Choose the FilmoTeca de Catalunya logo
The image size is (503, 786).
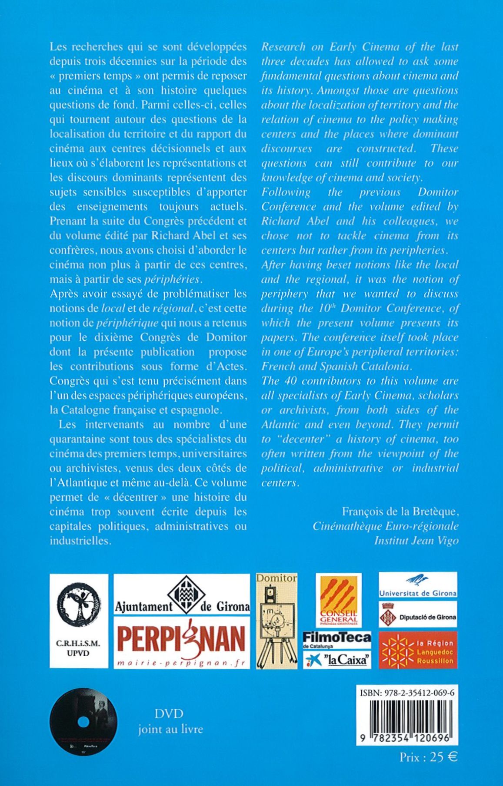click(337, 640)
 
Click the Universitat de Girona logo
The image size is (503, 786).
click(418, 586)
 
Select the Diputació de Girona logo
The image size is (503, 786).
click(418, 614)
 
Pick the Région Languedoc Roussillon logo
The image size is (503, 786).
click(418, 650)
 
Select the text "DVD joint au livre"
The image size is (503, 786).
click(170, 721)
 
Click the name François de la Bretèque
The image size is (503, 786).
click(400, 512)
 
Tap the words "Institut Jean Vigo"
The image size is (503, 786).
click(416, 541)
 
